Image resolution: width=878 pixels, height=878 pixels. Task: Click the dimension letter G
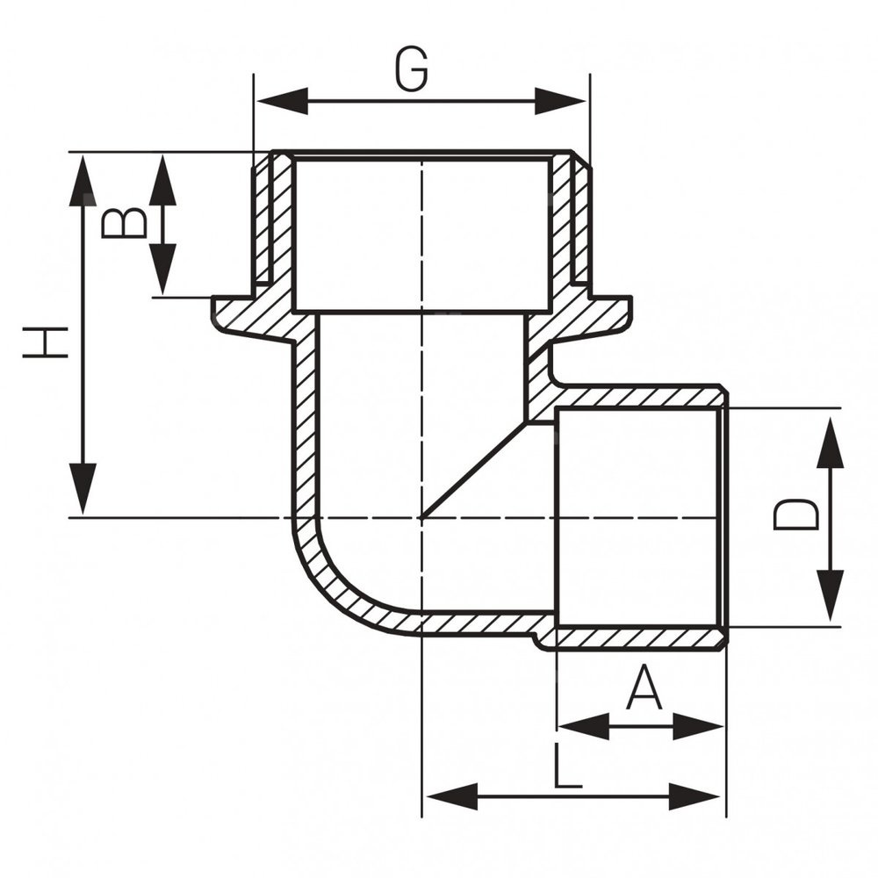411,69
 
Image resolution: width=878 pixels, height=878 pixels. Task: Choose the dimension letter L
568,767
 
